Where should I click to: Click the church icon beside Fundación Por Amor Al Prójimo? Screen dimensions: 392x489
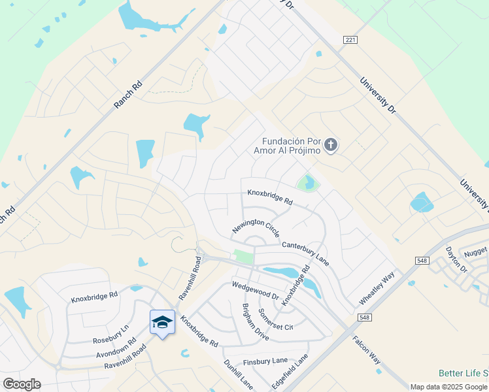[x=331, y=144]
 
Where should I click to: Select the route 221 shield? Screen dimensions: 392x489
[x=350, y=40]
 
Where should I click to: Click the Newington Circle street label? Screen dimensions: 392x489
[x=256, y=227]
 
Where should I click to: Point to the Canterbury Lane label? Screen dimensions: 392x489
[x=305, y=253]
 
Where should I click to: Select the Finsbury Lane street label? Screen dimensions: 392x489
[x=265, y=360]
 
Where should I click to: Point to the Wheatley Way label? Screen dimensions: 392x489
[x=377, y=287]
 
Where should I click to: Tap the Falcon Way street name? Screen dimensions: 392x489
[x=366, y=350]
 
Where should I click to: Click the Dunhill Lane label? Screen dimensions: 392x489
[x=237, y=374]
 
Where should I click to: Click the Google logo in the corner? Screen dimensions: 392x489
[x=22, y=384]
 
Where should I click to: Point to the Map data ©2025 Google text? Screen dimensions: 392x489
[x=448, y=387]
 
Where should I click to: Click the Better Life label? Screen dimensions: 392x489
[x=463, y=373]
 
